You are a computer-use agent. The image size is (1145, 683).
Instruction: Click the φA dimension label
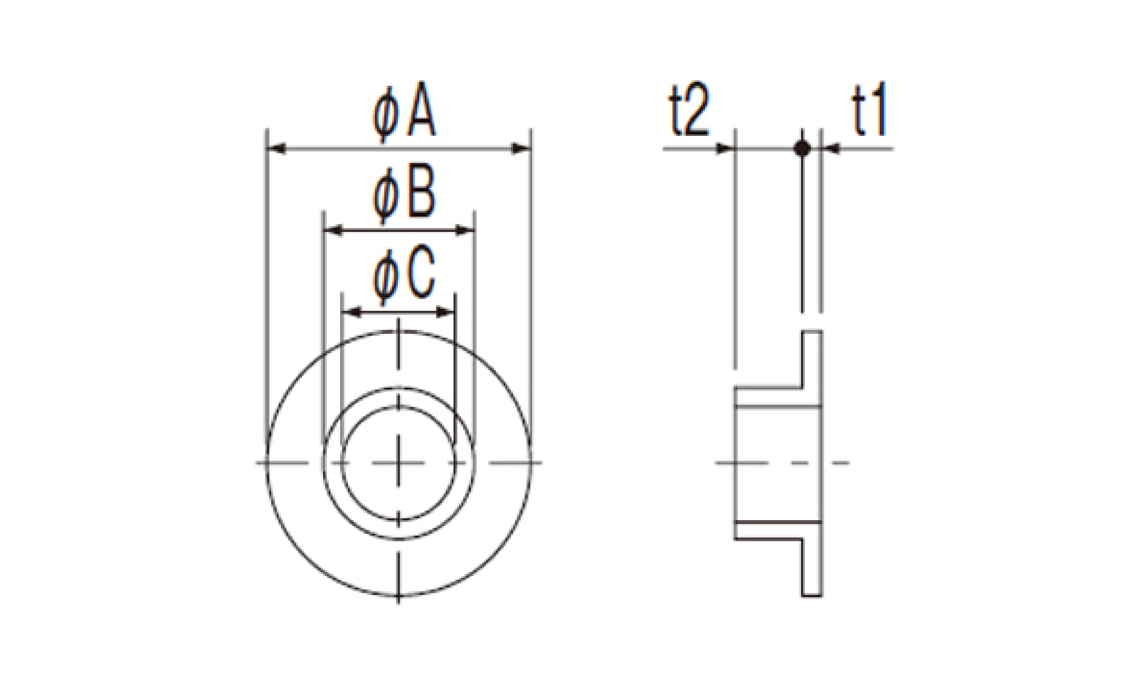tap(403, 115)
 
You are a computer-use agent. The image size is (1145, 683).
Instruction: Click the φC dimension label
tap(403, 278)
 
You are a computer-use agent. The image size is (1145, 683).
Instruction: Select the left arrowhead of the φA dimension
tap(277, 149)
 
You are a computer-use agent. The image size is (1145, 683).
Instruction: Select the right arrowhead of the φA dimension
tap(522, 149)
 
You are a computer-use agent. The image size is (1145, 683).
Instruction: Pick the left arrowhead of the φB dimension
tap(333, 230)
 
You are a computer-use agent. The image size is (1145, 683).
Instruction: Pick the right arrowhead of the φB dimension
tap(464, 230)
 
